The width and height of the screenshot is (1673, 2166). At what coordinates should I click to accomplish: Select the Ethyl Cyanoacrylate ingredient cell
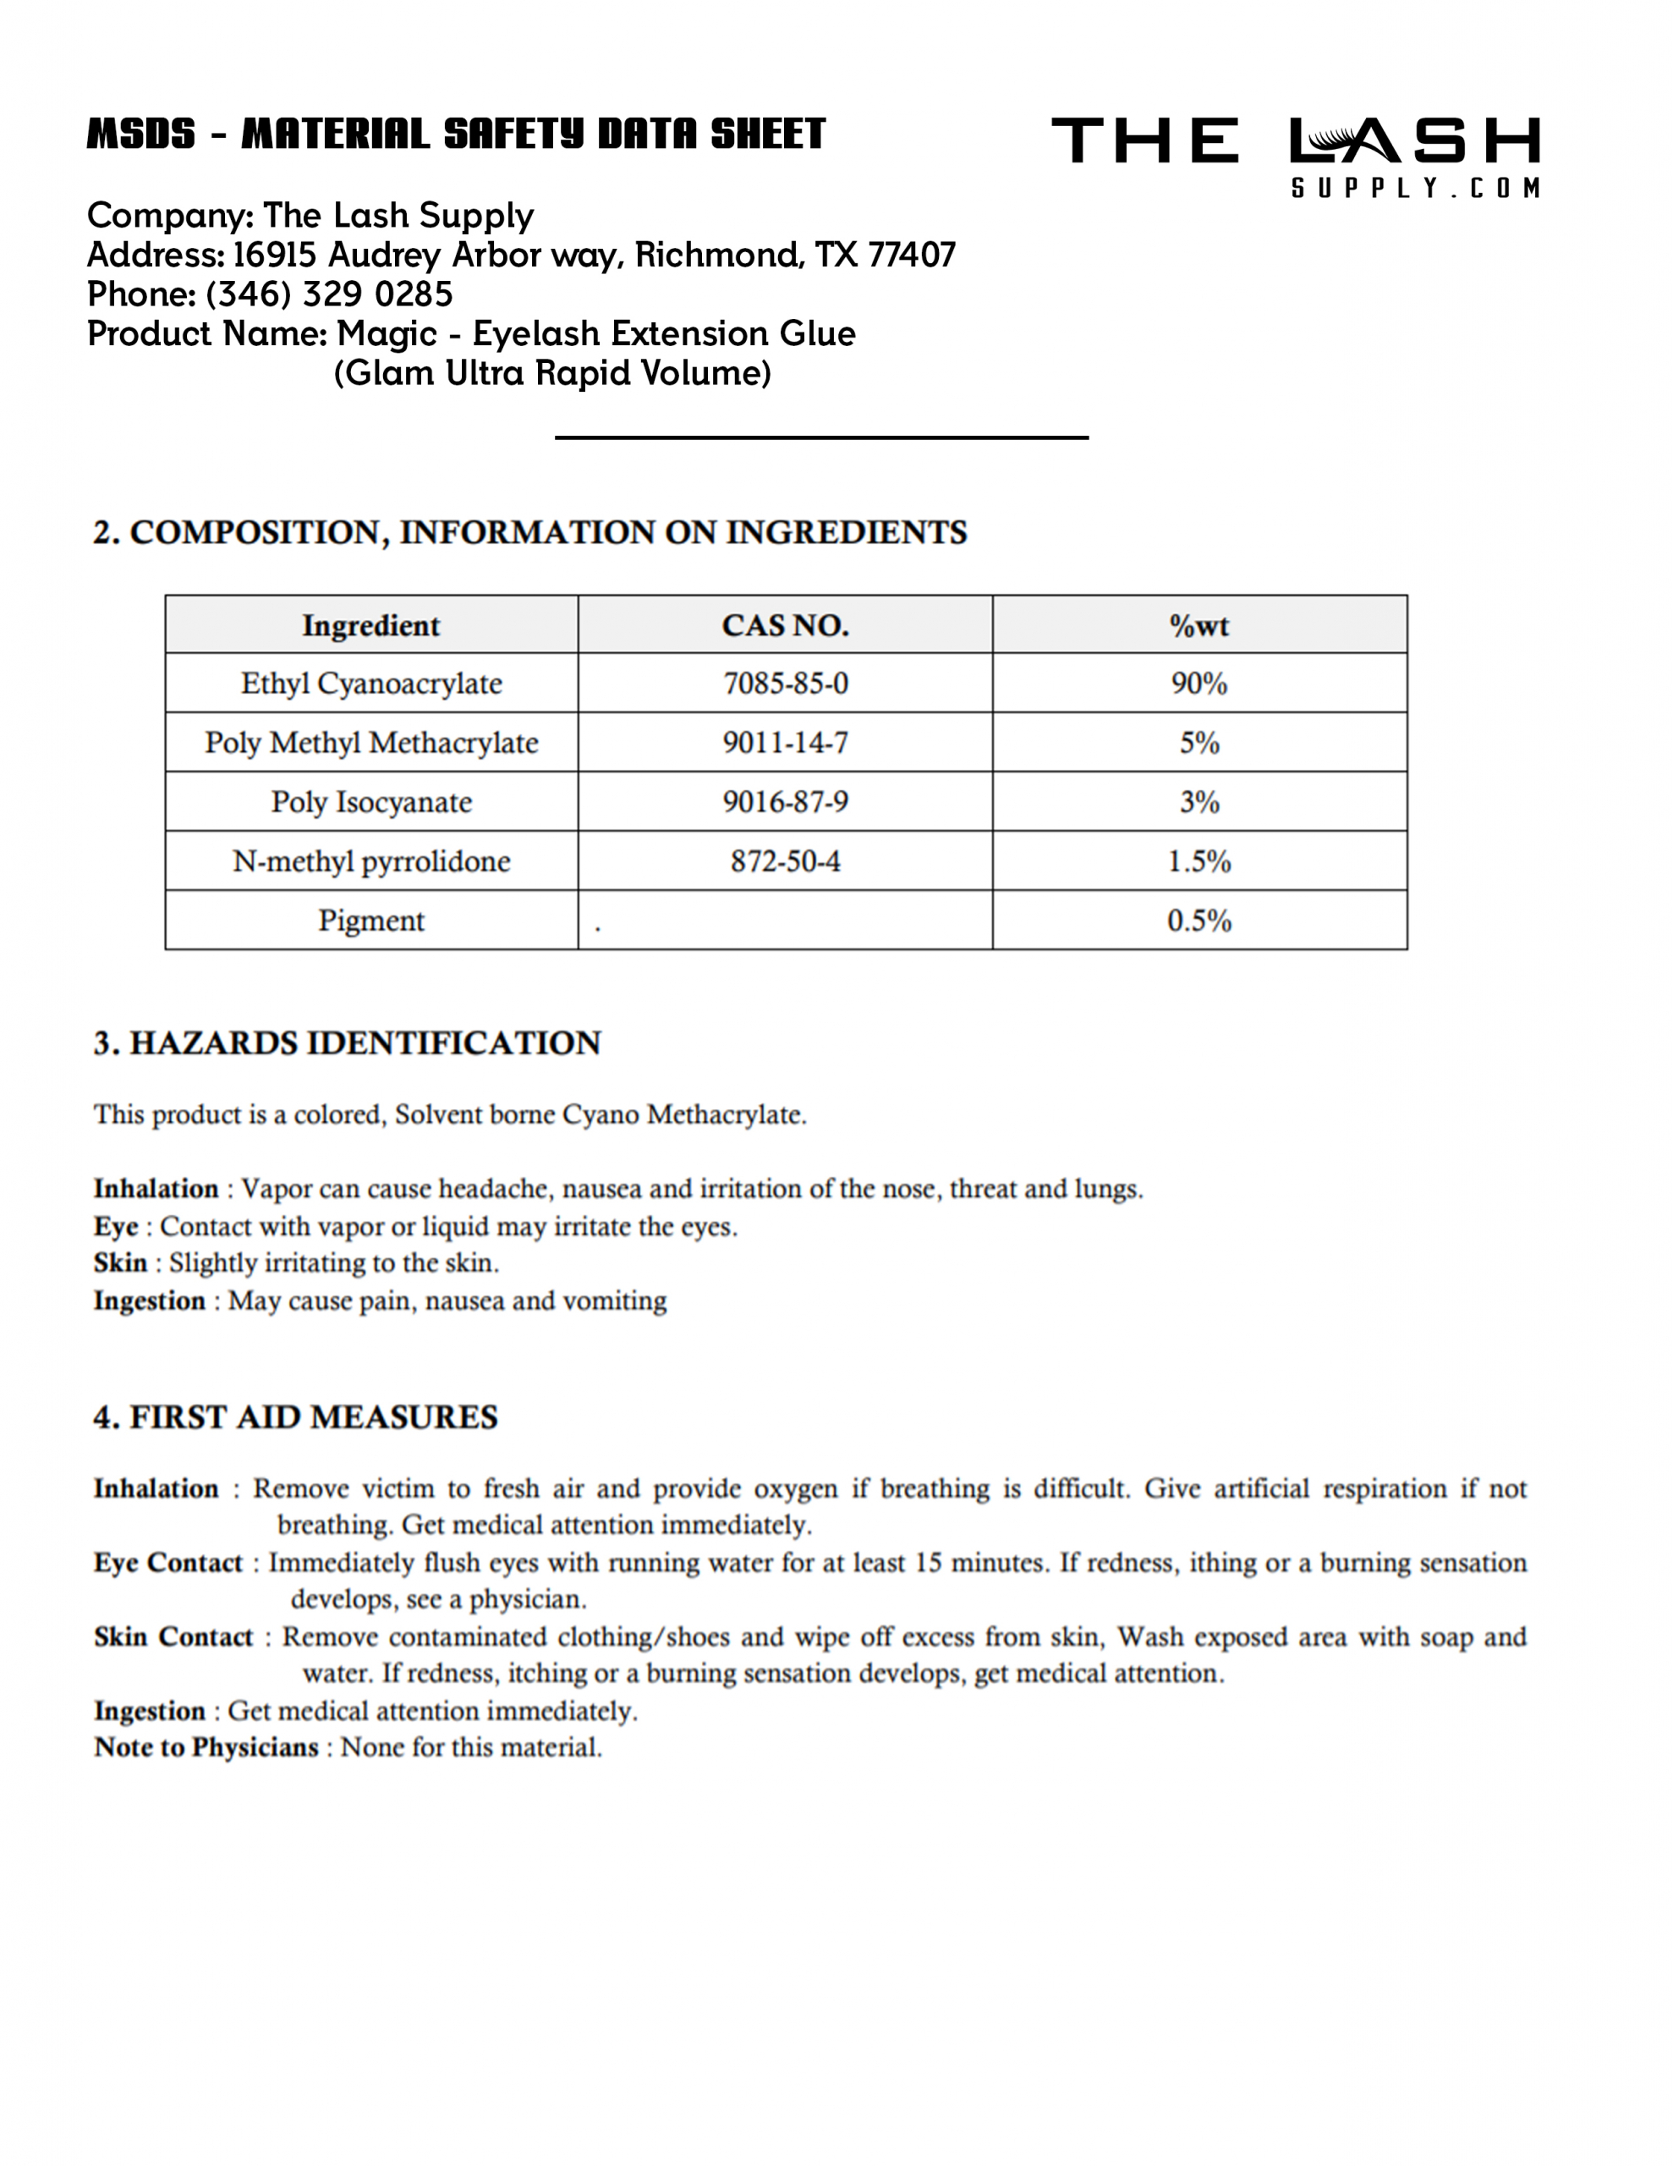point(371,684)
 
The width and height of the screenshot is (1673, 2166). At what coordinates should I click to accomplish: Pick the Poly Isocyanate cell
point(371,801)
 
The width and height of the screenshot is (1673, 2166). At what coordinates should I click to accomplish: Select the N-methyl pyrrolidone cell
point(371,860)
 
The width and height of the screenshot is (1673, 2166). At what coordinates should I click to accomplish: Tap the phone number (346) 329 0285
point(328,294)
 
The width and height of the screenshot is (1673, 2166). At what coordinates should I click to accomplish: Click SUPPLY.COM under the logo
point(1415,189)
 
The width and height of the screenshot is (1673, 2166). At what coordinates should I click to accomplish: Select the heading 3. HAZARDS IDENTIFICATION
point(347,1043)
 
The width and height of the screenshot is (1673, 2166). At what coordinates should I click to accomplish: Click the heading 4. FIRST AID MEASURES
point(295,1417)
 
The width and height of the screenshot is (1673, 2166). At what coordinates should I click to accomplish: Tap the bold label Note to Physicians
point(206,1747)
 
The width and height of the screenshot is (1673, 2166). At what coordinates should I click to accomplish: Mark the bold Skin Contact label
point(173,1637)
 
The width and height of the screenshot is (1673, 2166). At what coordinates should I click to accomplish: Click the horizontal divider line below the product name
point(821,437)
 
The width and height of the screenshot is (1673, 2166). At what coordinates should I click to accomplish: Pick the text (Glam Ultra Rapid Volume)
point(552,374)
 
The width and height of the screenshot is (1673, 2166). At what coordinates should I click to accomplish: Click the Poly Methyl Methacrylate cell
point(371,743)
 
